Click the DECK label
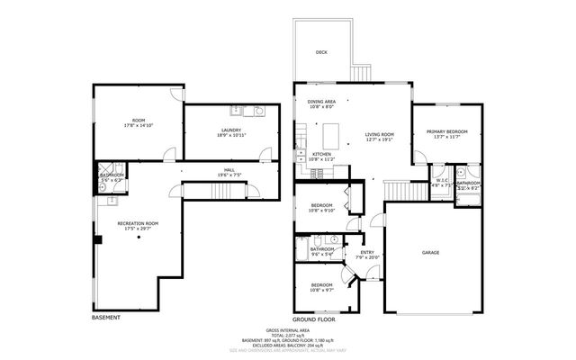click(x=321, y=53)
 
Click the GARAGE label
click(x=430, y=253)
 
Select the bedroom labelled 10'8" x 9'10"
click(x=321, y=208)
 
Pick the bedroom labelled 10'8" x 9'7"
click(x=321, y=287)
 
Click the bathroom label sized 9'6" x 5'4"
click(x=322, y=251)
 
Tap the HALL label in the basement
click(x=229, y=171)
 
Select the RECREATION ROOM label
click(x=138, y=225)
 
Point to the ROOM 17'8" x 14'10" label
click(x=138, y=122)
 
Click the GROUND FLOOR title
click(x=313, y=319)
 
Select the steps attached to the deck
click(x=364, y=70)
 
